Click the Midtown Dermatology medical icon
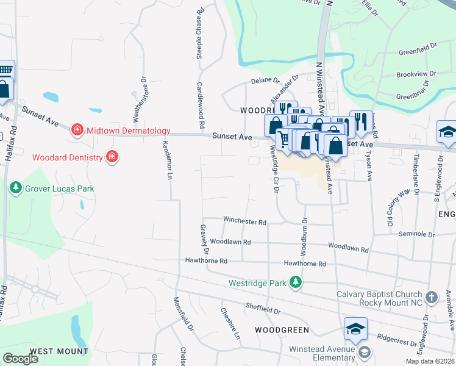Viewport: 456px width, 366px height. click(77, 130)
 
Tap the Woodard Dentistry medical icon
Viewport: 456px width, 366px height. click(112, 157)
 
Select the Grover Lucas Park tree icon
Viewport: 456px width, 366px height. click(16, 188)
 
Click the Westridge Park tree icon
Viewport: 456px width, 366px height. click(296, 282)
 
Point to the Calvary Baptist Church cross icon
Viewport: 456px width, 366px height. click(431, 298)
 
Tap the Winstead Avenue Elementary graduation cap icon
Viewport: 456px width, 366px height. click(365, 352)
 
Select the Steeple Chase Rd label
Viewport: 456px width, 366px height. click(199, 33)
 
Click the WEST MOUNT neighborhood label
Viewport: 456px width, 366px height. click(59, 351)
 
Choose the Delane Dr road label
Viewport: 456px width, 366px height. click(265, 81)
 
